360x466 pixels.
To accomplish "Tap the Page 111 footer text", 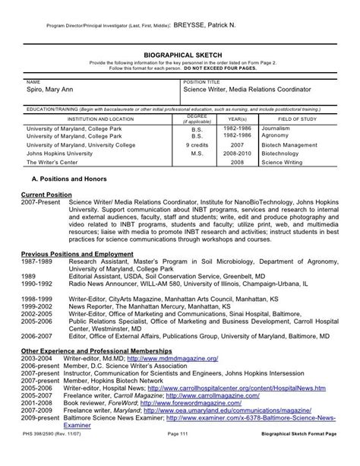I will click(x=180, y=455).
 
